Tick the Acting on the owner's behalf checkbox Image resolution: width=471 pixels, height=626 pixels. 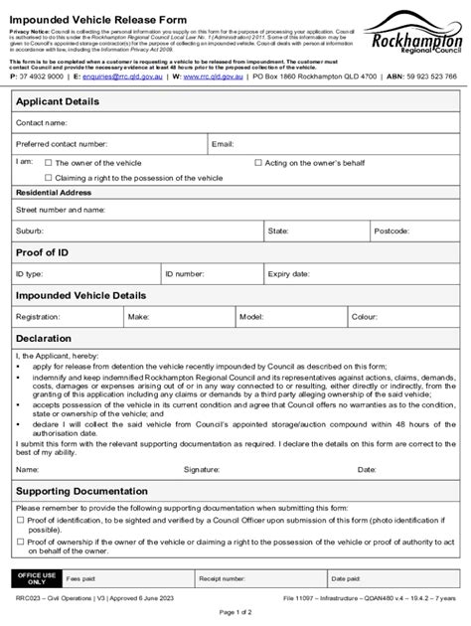point(258,161)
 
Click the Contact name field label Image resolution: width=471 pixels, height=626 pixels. point(41,123)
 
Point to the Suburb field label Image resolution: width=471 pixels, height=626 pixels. point(30,231)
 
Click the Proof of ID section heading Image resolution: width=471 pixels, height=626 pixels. point(42,252)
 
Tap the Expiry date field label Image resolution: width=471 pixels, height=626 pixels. point(289,273)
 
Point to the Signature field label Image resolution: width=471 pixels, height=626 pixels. point(202,468)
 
